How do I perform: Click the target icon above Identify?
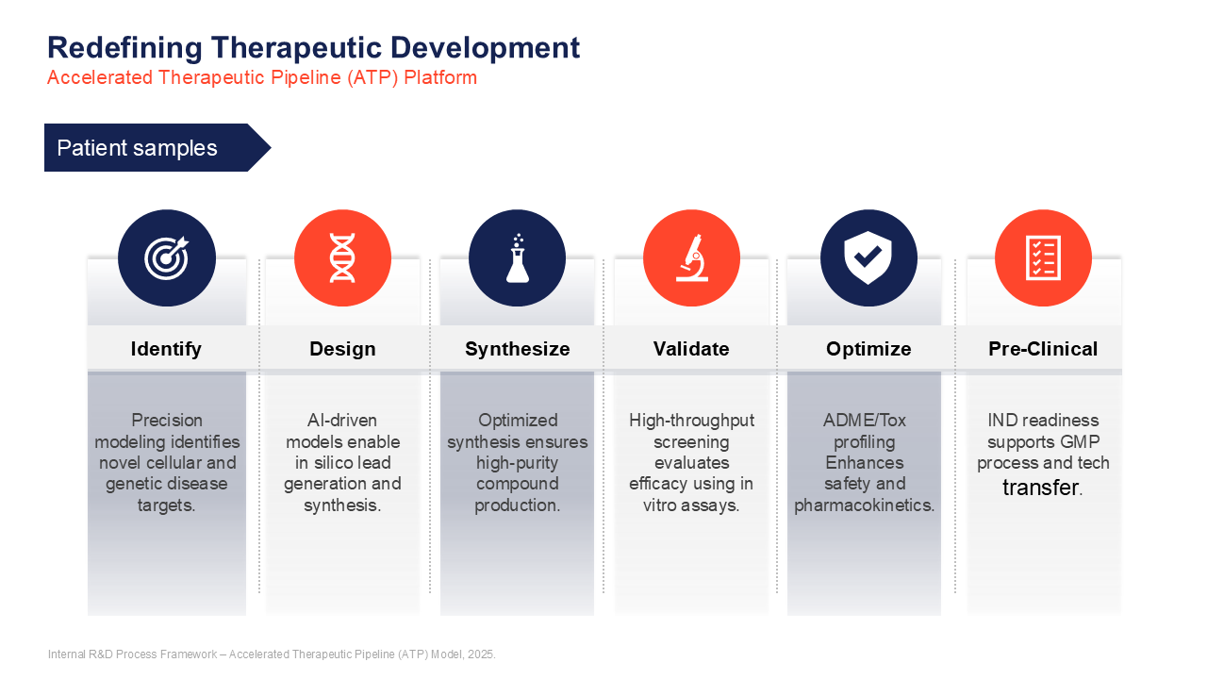click(x=167, y=258)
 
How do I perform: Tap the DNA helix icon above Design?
click(x=342, y=258)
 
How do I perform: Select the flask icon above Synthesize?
click(x=518, y=258)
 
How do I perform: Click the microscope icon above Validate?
click(x=692, y=258)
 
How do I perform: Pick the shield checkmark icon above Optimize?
click(x=868, y=258)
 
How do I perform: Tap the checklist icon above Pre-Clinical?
click(x=1043, y=258)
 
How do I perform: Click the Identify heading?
click(x=166, y=349)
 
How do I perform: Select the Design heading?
click(x=342, y=349)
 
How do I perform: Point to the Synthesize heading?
click(x=518, y=349)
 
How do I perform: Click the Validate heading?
click(x=691, y=349)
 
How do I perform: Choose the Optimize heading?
click(x=868, y=349)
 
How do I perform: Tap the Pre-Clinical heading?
click(x=1043, y=349)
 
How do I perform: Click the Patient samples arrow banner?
click(x=157, y=148)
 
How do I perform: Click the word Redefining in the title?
click(x=124, y=48)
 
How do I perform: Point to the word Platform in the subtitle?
click(x=440, y=77)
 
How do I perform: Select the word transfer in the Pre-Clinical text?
click(x=1040, y=488)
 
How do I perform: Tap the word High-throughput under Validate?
click(x=691, y=421)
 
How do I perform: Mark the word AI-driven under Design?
click(x=342, y=421)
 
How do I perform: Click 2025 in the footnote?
click(x=480, y=654)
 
